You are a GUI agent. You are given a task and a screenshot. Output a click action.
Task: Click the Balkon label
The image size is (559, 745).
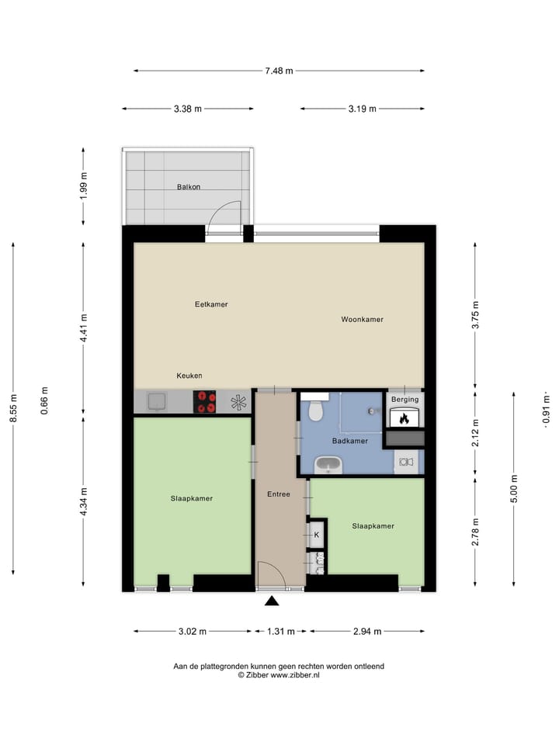(x=189, y=187)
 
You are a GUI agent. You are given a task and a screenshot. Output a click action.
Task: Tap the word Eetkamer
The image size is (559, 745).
(x=211, y=304)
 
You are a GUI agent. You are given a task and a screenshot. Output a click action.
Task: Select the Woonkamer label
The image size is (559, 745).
(x=362, y=319)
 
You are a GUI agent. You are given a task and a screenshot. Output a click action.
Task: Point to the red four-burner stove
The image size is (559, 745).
(x=205, y=402)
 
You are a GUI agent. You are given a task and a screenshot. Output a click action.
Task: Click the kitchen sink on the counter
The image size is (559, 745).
(x=157, y=401)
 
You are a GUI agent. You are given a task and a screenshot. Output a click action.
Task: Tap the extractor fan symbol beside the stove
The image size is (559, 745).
(x=238, y=402)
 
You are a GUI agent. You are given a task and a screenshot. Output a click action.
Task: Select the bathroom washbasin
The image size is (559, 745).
(x=328, y=465)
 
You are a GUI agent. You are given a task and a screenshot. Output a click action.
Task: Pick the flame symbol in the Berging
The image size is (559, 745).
(x=404, y=418)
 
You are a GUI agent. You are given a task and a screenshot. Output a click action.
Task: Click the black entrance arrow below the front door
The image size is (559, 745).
(x=271, y=601)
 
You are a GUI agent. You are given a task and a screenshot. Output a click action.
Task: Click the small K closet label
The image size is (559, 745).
(x=317, y=535)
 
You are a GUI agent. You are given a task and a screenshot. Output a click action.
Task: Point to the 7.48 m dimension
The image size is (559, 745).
(x=279, y=71)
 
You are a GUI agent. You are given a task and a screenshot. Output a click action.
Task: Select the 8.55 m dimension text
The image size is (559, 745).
(x=13, y=408)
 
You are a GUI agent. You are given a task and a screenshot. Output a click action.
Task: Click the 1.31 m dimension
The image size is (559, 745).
(x=280, y=631)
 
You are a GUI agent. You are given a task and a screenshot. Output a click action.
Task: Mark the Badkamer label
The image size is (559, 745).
(x=349, y=441)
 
